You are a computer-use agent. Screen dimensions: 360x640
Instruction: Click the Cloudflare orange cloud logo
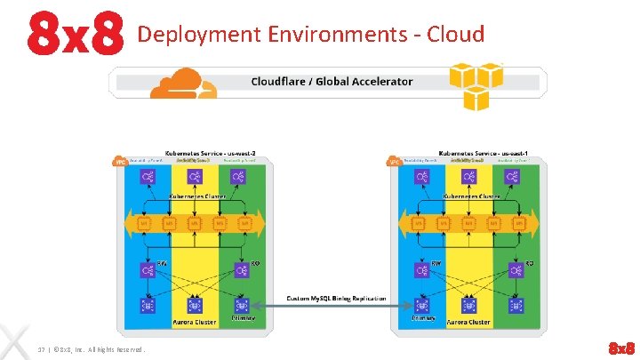(183, 83)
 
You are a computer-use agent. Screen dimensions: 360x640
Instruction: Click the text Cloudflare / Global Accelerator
(332, 82)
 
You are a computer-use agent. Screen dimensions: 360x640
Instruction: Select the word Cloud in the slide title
(455, 35)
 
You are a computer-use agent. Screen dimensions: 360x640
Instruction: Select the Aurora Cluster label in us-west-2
(196, 322)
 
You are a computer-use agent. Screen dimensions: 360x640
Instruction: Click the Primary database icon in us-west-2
(243, 305)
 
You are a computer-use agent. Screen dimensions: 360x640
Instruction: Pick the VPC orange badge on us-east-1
(394, 162)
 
